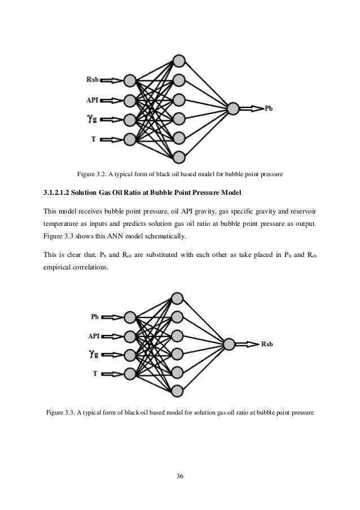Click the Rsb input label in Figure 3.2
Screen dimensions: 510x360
(93, 80)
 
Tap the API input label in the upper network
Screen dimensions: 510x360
(94, 100)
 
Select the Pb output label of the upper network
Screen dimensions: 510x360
(269, 108)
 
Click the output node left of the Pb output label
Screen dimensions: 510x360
(232, 108)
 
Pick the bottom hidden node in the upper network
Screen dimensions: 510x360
(179, 156)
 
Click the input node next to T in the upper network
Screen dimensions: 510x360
(130, 138)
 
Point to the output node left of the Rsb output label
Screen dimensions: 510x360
(229, 343)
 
